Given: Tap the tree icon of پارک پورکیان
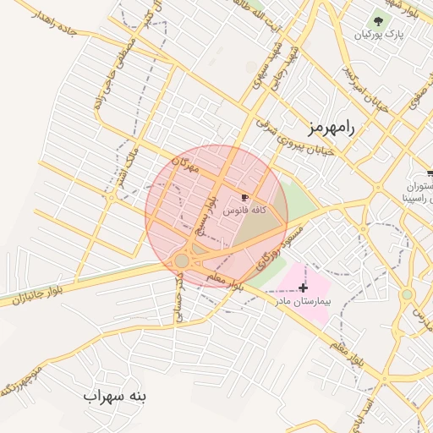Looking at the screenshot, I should pos(377,19).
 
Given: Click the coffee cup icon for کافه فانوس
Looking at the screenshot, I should pos(245,196).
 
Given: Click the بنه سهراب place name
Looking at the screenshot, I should pos(116,396).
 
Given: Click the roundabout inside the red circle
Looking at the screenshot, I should pos(182,260).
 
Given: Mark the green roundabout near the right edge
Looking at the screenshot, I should pos(407,294).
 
